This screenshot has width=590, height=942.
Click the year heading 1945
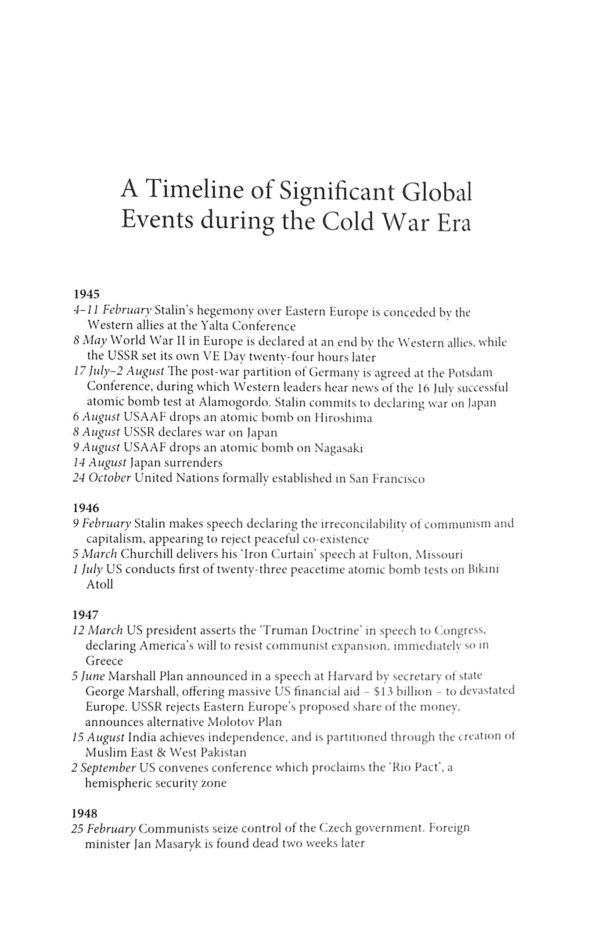[86, 293]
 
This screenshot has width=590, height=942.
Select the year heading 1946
[86, 508]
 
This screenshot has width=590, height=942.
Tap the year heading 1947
[86, 615]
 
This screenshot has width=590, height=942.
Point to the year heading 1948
[85, 813]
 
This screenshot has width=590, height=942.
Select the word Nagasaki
[338, 448]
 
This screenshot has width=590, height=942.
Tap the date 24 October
[102, 478]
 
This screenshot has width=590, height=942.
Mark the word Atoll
[100, 584]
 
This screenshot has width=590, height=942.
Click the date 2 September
[104, 768]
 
